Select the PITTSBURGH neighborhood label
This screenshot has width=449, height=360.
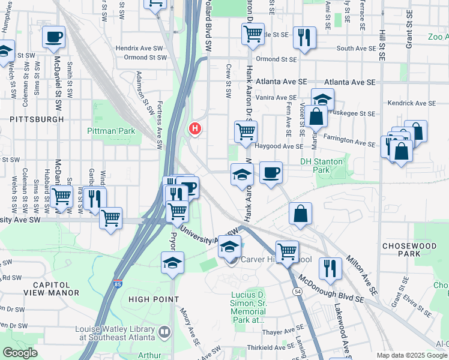point(37,119)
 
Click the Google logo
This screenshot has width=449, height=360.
point(19,353)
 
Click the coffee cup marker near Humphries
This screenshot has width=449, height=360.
point(53,37)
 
